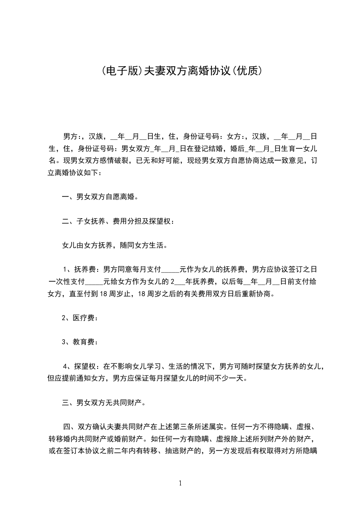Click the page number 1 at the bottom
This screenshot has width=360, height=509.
pyautogui.click(x=180, y=483)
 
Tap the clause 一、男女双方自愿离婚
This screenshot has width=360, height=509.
pyautogui.click(x=100, y=197)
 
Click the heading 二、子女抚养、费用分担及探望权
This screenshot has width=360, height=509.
pyautogui.click(x=117, y=221)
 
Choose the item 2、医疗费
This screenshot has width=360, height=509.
pyautogui.click(x=80, y=318)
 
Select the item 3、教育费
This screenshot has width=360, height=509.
pyautogui.click(x=80, y=343)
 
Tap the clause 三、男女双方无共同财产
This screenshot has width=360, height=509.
pyautogui.click(x=103, y=403)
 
